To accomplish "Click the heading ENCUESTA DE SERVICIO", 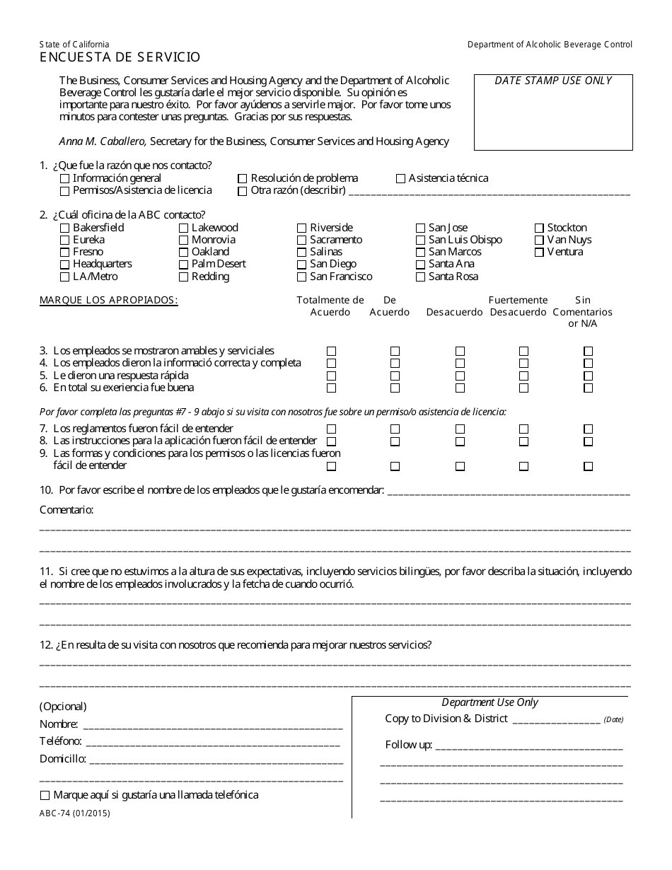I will (x=120, y=58).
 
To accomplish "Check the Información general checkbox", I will (x=65, y=179).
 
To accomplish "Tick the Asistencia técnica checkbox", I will (x=401, y=179).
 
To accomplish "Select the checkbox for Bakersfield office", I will (x=65, y=228).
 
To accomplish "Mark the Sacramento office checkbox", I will (x=302, y=240).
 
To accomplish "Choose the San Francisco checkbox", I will (x=302, y=277).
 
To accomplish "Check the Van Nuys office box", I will (x=539, y=240).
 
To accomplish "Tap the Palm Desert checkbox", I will (x=183, y=265).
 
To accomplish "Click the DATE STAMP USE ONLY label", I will (x=552, y=81).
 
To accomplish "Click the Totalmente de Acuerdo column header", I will (x=330, y=306).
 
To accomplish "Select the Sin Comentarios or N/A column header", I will (x=583, y=312).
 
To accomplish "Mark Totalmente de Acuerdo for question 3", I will (x=331, y=352).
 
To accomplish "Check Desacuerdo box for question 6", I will (x=460, y=388).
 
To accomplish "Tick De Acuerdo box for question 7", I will (x=395, y=429).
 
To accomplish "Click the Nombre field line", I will (x=212, y=725).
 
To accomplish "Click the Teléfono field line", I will (x=212, y=743).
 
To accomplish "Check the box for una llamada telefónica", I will (x=46, y=796).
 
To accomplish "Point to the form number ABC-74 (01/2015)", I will (x=75, y=813).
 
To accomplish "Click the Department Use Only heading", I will (x=489, y=703).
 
